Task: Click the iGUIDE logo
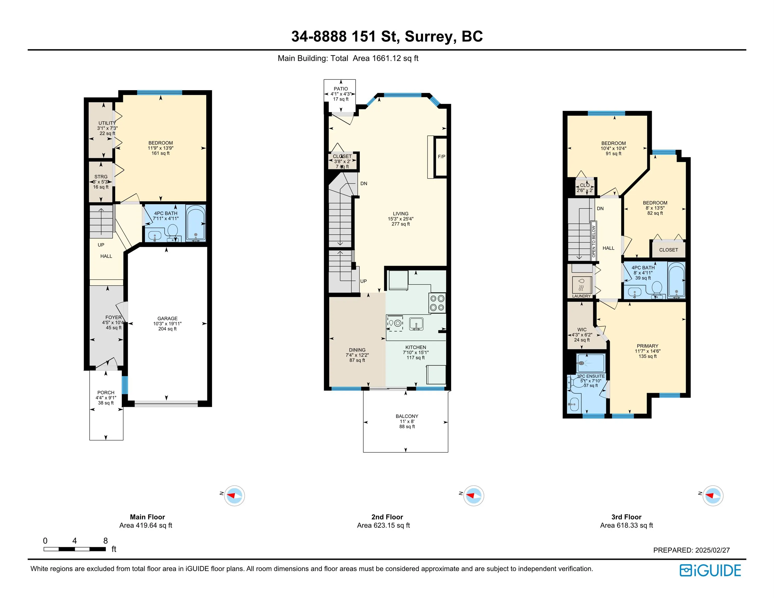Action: tap(710, 570)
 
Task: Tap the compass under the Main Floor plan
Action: tap(234, 495)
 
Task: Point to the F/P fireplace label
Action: tap(442, 157)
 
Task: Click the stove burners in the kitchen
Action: tap(437, 303)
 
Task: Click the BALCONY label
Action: tap(407, 416)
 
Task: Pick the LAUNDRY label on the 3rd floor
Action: tap(582, 296)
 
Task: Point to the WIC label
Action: tap(582, 329)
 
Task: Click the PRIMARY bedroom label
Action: tap(648, 346)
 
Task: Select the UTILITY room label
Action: tap(107, 123)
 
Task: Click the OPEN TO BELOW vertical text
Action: tap(594, 241)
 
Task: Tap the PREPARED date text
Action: tap(691, 550)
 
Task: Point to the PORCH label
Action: tap(106, 392)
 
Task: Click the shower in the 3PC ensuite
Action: tap(590, 363)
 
